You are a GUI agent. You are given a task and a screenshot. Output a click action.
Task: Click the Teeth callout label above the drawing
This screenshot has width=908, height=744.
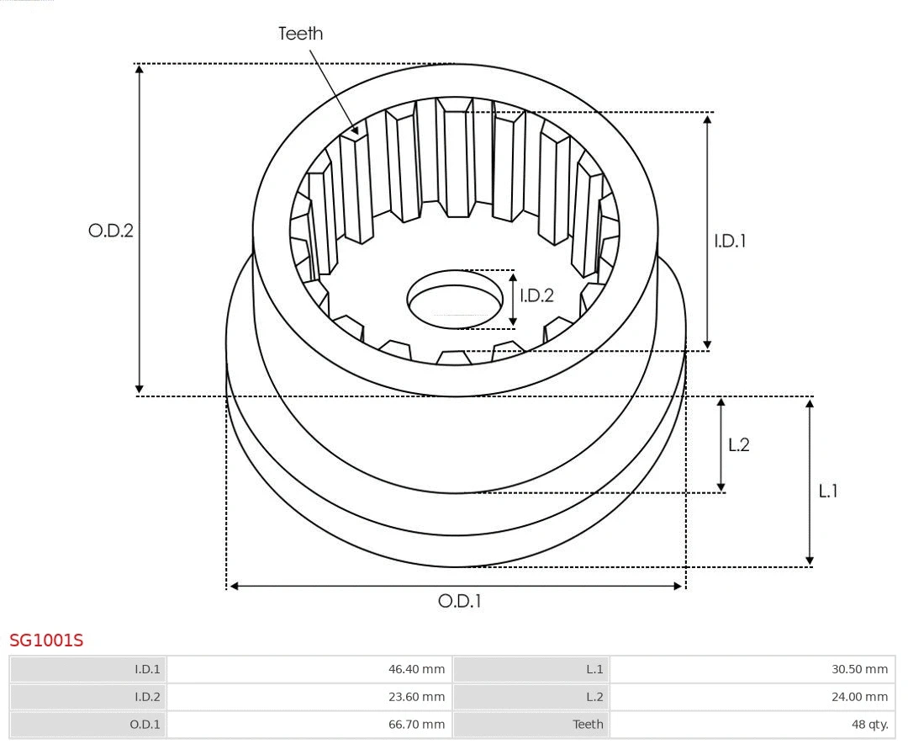coord(300,34)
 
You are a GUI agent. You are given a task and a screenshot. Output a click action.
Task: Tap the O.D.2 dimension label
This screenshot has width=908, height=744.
coord(111,230)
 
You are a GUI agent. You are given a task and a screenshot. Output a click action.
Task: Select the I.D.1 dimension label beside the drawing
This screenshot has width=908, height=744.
coord(730,241)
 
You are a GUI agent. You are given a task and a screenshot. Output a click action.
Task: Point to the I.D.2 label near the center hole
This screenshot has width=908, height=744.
coord(536,295)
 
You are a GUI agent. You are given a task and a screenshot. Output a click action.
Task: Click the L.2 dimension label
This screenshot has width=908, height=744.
coord(738,445)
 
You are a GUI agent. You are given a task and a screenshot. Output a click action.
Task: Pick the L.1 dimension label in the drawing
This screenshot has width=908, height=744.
coord(828,491)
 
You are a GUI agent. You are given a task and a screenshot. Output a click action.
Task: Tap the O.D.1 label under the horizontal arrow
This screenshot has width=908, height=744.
coord(459,601)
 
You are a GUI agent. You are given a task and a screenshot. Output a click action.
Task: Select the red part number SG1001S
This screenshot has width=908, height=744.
coord(46,640)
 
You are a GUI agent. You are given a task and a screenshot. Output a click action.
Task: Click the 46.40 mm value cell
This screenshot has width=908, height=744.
coord(416,669)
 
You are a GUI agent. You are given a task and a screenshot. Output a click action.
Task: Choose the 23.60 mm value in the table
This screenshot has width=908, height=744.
coord(416,697)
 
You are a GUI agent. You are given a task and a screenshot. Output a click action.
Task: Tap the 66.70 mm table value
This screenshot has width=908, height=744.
coord(416,724)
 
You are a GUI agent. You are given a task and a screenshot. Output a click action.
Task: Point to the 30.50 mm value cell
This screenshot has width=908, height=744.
coord(859,669)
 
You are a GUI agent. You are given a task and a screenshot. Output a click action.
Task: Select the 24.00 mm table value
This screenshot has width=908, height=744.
coord(859,697)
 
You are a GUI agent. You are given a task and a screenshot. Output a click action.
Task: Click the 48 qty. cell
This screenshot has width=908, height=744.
coord(869,724)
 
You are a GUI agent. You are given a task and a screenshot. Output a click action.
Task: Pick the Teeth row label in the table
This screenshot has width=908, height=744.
coord(588,724)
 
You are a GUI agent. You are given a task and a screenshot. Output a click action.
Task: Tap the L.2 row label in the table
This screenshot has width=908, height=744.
coord(594,697)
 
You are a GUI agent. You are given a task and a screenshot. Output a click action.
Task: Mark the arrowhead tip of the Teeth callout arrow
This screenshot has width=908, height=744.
coord(358,135)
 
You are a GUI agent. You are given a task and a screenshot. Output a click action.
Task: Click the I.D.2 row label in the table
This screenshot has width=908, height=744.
coord(147,697)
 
